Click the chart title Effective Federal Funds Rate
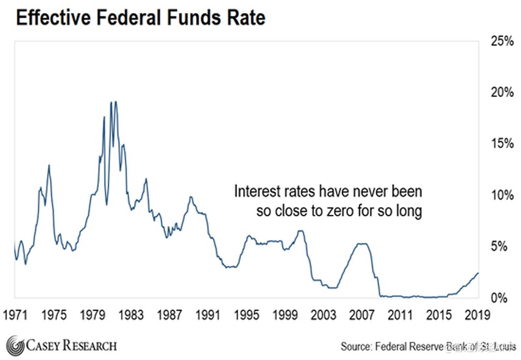click(x=140, y=18)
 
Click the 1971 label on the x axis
click(x=16, y=315)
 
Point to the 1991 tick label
click(x=208, y=315)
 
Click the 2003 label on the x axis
click(x=324, y=315)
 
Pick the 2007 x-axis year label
click(x=362, y=315)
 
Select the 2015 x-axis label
click(x=439, y=315)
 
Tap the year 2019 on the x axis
click(x=477, y=315)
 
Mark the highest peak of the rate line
click(x=113, y=102)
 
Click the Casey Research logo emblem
click(x=14, y=344)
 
